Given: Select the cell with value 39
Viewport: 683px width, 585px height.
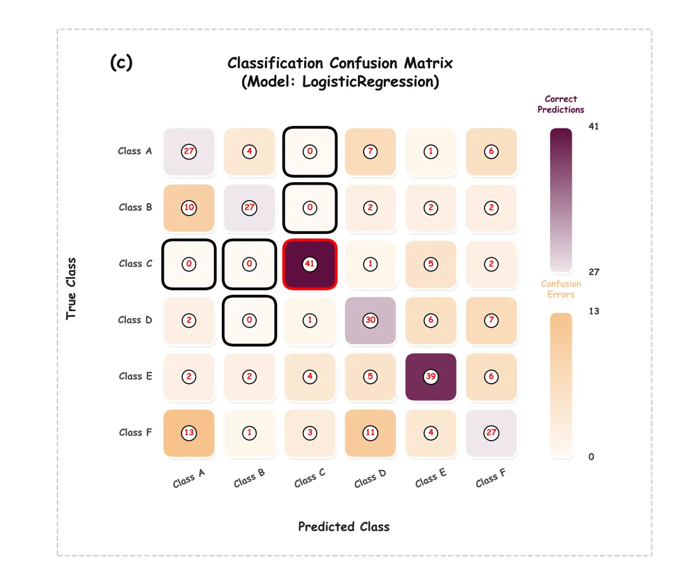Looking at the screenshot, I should pyautogui.click(x=431, y=376).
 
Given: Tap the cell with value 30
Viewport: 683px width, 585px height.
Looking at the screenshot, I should pyautogui.click(x=371, y=320).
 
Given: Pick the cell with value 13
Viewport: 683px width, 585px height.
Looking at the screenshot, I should pyautogui.click(x=189, y=433).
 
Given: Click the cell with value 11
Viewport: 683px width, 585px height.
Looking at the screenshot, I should pyautogui.click(x=371, y=433).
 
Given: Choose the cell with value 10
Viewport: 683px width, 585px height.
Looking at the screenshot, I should pyautogui.click(x=189, y=207).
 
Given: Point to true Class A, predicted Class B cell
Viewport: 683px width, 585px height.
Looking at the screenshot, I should pyautogui.click(x=250, y=151).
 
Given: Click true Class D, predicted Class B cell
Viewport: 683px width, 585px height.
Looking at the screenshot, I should pyautogui.click(x=250, y=320).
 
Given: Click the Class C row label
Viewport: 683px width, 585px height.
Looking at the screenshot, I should pyautogui.click(x=135, y=264).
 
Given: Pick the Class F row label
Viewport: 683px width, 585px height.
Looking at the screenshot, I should pyautogui.click(x=135, y=433).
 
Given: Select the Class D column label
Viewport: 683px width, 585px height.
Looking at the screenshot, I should pyautogui.click(x=371, y=479).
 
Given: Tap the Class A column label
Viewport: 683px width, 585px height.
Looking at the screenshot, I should pyautogui.click(x=189, y=479).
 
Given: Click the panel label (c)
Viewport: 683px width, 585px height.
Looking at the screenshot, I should pyautogui.click(x=121, y=63).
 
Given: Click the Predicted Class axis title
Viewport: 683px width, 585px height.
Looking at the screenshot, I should pyautogui.click(x=343, y=527).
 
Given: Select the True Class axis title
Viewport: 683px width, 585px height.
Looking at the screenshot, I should pyautogui.click(x=71, y=288).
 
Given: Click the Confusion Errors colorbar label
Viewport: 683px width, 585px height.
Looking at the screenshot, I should pyautogui.click(x=560, y=289).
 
